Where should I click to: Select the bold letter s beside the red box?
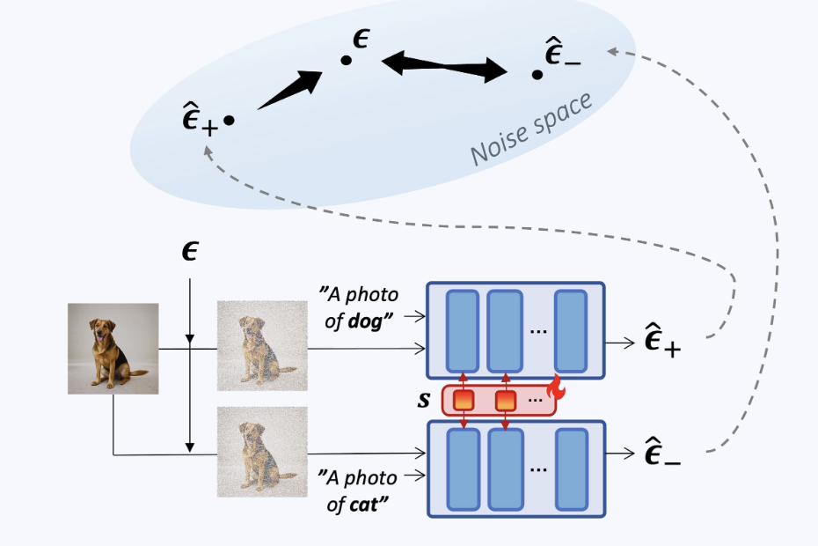coord(423,400)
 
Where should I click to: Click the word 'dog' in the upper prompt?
coord(364,321)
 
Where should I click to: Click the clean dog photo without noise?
coord(113,348)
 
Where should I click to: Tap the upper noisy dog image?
coord(262,345)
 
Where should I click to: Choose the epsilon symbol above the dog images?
coord(188,253)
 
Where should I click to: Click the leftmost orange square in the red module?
coord(464,401)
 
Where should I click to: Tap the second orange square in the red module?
coord(505,401)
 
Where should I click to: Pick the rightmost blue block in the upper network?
coord(570,330)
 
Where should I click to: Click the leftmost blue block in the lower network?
coord(464,468)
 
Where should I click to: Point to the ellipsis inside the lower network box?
coord(538,468)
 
